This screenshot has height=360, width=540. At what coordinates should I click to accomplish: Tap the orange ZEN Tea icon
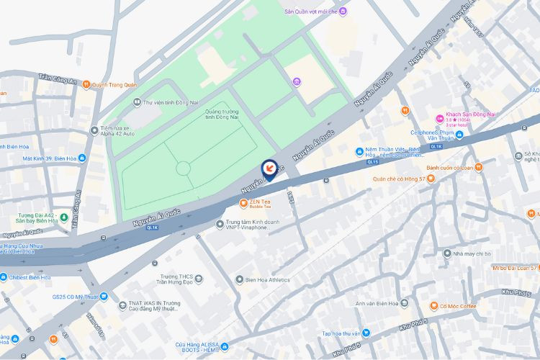[243, 202]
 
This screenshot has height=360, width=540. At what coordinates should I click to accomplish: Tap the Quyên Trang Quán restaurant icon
[86, 84]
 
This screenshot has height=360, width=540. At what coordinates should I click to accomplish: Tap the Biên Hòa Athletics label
[267, 279]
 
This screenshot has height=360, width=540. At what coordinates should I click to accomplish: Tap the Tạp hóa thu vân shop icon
[366, 333]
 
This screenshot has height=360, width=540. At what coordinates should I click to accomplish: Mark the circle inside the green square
[183, 168]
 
